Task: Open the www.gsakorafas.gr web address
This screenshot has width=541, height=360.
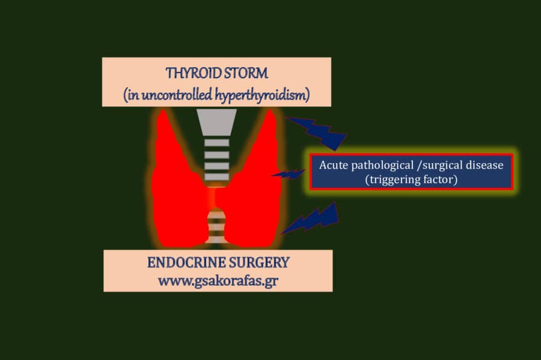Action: coord(218,280)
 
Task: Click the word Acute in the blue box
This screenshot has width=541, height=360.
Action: coord(332,165)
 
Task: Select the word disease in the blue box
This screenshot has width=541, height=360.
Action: coord(483,165)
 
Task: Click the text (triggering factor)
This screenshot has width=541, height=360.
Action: coord(411,179)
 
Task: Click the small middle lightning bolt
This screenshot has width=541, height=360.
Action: coord(289,174)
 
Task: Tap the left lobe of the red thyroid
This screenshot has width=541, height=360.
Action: coord(178,186)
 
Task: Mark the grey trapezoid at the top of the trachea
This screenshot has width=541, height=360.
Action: coord(216,122)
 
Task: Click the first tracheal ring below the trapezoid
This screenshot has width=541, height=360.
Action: coord(216,143)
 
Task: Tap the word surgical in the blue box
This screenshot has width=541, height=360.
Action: coord(442,165)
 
